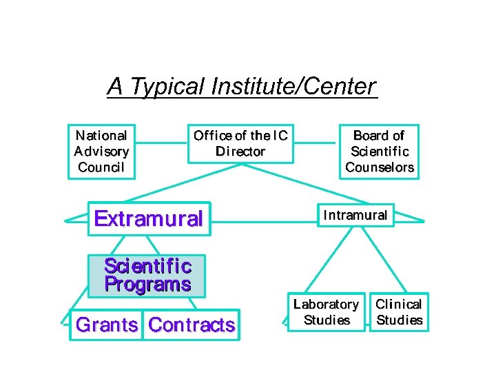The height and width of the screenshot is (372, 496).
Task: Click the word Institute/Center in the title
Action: (294, 87)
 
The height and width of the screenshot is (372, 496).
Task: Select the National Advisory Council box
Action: (101, 151)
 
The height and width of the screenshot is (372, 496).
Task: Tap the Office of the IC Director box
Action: (240, 143)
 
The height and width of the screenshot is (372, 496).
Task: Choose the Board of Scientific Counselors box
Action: (379, 151)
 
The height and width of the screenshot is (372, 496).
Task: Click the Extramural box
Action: (148, 219)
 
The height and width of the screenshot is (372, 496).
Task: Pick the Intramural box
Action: (355, 215)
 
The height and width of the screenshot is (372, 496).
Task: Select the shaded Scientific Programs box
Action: (147, 276)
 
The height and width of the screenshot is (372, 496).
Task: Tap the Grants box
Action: (107, 324)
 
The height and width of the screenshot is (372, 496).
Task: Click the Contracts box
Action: (192, 324)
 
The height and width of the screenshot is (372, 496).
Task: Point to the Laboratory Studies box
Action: (326, 312)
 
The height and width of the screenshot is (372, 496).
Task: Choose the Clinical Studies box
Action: (399, 312)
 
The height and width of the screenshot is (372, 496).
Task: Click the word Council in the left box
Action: (101, 167)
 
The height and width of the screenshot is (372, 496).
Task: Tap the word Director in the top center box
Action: (240, 152)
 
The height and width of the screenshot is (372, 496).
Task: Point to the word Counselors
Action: (380, 167)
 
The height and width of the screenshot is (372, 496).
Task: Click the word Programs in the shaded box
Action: (147, 285)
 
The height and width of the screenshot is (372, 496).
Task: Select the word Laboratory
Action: (326, 304)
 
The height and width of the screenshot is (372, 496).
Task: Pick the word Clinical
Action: (399, 304)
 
